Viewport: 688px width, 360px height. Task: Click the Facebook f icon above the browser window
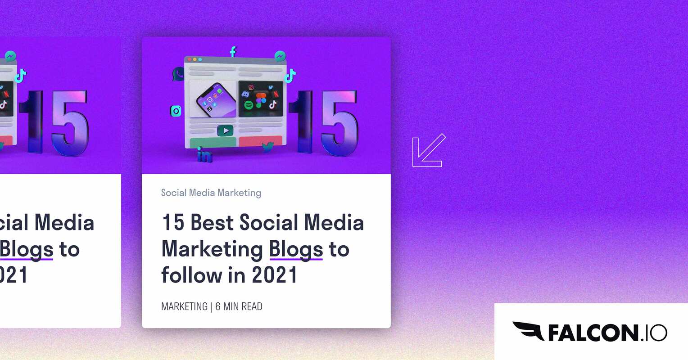(x=233, y=51)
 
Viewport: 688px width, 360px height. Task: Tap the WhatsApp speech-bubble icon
(x=178, y=74)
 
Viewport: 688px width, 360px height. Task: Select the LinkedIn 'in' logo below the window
(x=204, y=155)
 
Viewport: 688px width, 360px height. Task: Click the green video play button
(x=225, y=131)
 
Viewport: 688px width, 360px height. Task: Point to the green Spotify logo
(x=249, y=105)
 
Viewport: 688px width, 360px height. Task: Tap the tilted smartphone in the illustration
(x=216, y=99)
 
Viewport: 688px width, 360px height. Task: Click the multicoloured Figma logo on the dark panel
(x=261, y=100)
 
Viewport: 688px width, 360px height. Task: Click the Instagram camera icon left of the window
(x=176, y=111)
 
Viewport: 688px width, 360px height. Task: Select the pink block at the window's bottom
(x=261, y=141)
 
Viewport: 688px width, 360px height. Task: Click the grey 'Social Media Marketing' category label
(x=211, y=193)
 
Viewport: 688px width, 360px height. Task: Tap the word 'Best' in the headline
(x=212, y=222)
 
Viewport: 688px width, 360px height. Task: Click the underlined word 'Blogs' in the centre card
(x=296, y=249)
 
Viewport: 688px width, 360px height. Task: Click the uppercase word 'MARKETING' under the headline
(x=184, y=306)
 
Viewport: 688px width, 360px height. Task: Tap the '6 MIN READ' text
(x=239, y=306)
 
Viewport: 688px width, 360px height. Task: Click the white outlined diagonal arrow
(x=428, y=151)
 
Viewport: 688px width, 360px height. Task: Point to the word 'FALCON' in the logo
(x=592, y=333)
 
